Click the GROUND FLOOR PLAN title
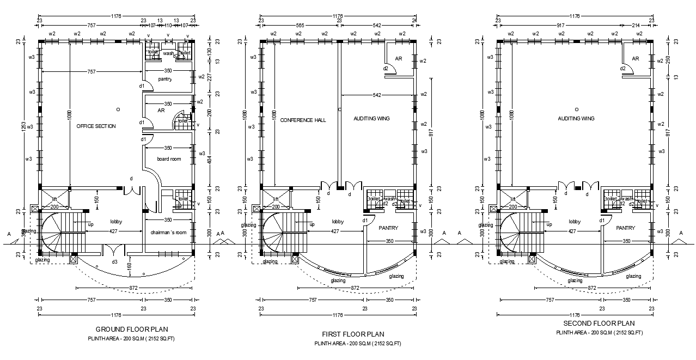[132, 329]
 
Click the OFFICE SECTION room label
[96, 126]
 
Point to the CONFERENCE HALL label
[303, 120]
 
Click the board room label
[169, 159]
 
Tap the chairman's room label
[169, 233]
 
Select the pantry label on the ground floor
[165, 80]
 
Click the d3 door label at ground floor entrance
[114, 263]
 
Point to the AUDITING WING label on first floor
[371, 118]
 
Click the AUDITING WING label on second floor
[576, 118]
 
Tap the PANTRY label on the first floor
[388, 228]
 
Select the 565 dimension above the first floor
[300, 26]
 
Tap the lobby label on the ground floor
[116, 222]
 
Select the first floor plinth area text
[357, 344]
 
